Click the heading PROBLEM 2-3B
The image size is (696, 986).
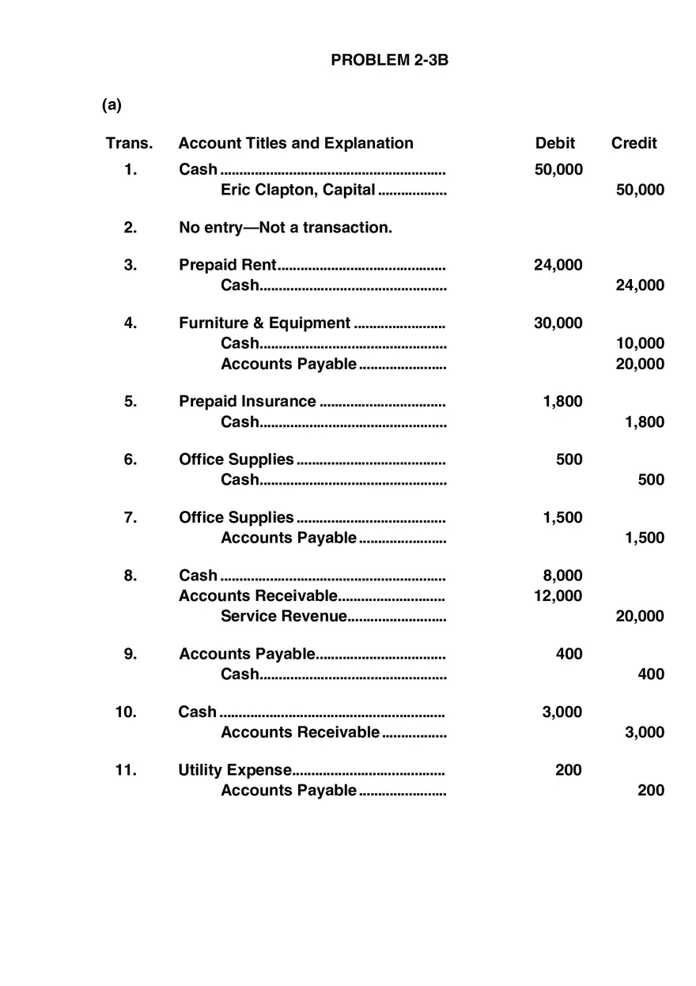click(389, 60)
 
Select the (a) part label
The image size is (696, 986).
click(112, 104)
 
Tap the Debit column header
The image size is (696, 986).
click(555, 143)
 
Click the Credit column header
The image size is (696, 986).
click(634, 143)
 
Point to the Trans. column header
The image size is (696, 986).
click(129, 143)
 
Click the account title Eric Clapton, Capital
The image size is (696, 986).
click(297, 190)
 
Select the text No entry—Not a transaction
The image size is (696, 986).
click(285, 228)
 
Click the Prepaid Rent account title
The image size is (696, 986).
click(228, 265)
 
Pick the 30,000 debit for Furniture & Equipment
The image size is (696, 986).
click(558, 323)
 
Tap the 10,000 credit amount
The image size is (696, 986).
click(640, 343)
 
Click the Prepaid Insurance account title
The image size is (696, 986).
click(247, 402)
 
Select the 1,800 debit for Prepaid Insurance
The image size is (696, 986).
click(562, 402)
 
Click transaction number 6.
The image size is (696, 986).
click(130, 459)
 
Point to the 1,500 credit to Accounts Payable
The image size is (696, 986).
click(645, 538)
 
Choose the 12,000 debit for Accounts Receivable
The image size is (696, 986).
click(558, 596)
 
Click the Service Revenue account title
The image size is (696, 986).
click(283, 617)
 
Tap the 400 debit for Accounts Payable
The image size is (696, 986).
click(569, 654)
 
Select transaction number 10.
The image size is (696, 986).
click(126, 712)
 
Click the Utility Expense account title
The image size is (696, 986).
click(235, 770)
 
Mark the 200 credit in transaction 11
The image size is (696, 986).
click(651, 790)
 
